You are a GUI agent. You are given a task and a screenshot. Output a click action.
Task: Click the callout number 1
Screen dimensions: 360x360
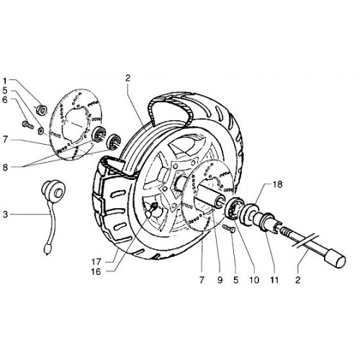[x=5, y=81]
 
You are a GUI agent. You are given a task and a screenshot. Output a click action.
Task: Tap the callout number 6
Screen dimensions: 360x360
[x=5, y=100]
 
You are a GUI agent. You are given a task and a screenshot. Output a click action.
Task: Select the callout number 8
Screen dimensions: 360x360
[x=5, y=168]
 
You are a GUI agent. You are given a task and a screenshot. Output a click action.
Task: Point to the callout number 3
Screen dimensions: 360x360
[x=5, y=215]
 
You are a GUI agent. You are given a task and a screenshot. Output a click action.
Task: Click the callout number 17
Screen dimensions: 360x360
[x=96, y=261]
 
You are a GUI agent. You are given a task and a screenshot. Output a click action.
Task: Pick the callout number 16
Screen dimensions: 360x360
[x=96, y=271]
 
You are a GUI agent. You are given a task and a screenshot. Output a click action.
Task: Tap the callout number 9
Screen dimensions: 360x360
[x=220, y=280]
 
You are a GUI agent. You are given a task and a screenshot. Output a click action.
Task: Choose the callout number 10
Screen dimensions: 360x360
[x=254, y=280]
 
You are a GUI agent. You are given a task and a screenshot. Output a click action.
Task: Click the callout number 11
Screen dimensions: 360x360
[x=274, y=280]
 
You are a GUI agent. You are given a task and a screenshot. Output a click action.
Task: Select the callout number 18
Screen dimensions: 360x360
[x=277, y=184]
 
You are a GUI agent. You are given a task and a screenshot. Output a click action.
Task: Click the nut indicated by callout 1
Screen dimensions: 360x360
[x=41, y=109]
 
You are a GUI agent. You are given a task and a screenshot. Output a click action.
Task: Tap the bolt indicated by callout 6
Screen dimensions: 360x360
[x=27, y=125]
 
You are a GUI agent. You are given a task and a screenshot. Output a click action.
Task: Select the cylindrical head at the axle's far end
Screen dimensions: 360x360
[x=335, y=260]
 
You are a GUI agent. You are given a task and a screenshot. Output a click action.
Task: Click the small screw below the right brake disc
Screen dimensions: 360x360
[x=229, y=228]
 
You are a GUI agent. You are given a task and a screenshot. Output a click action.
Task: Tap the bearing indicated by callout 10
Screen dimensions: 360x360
[x=234, y=208]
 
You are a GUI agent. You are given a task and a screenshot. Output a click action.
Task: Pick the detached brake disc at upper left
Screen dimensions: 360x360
[x=75, y=125]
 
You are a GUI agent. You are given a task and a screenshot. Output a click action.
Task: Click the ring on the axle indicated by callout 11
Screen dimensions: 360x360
[x=267, y=222]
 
